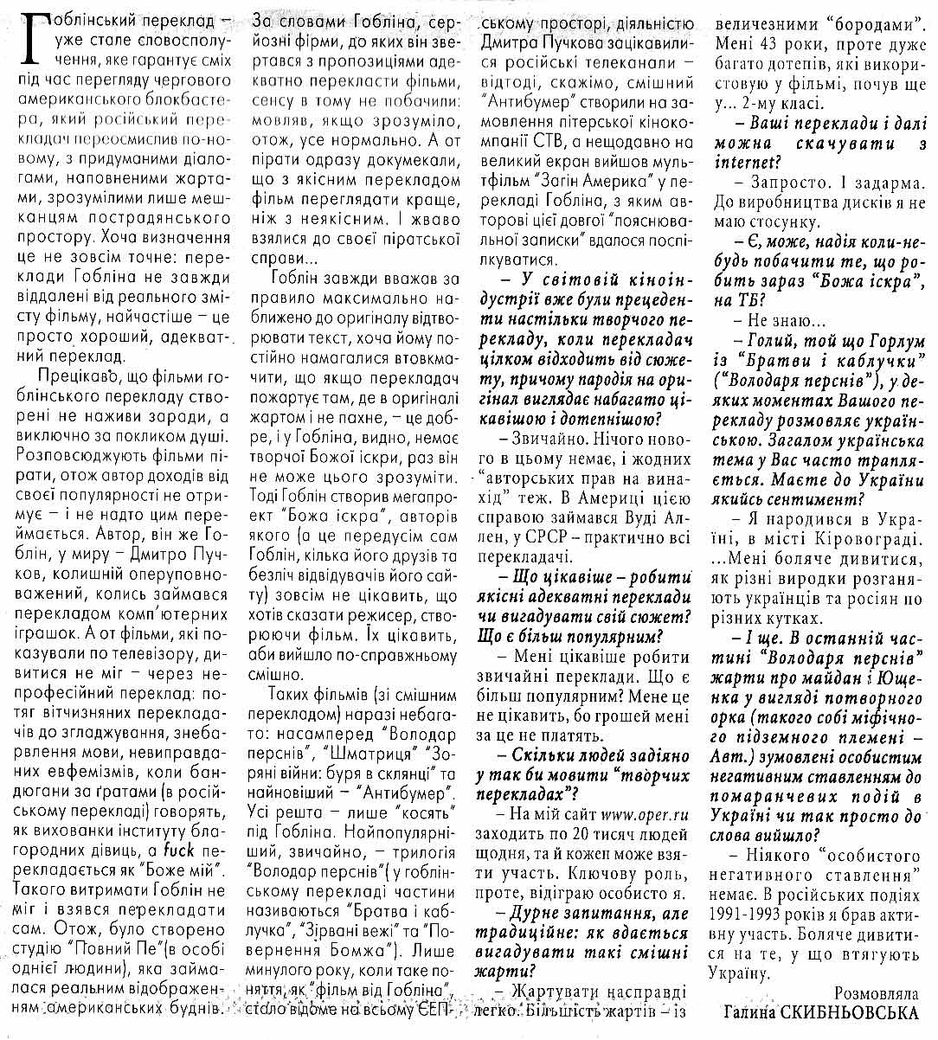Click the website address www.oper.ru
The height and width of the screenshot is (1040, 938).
(645, 814)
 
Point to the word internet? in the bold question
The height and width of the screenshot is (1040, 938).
(744, 162)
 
